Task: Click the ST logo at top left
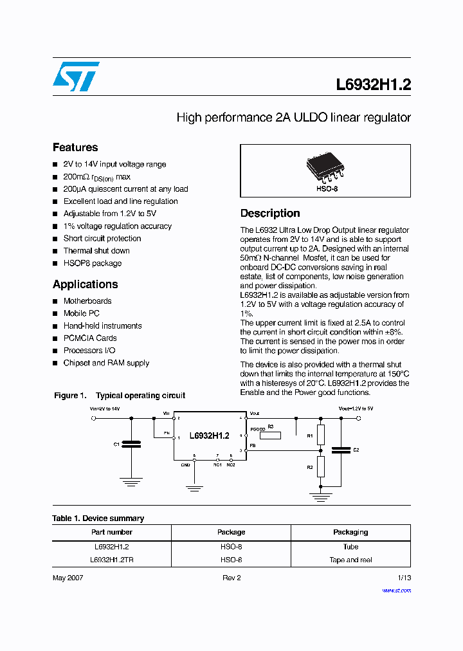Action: click(76, 76)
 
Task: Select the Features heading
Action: click(75, 147)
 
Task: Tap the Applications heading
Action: click(85, 284)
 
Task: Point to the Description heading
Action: click(270, 214)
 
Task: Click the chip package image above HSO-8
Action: click(325, 169)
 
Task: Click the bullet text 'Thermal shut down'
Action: click(96, 251)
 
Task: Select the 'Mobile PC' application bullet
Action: click(82, 313)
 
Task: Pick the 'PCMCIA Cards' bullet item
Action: click(90, 338)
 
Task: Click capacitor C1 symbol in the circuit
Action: click(131, 444)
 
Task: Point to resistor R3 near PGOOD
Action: click(270, 435)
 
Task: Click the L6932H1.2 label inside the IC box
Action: click(209, 436)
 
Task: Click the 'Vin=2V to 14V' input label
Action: click(104, 408)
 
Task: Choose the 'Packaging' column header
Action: click(350, 532)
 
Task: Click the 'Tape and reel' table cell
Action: click(350, 560)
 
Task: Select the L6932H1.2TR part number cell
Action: click(112, 560)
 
